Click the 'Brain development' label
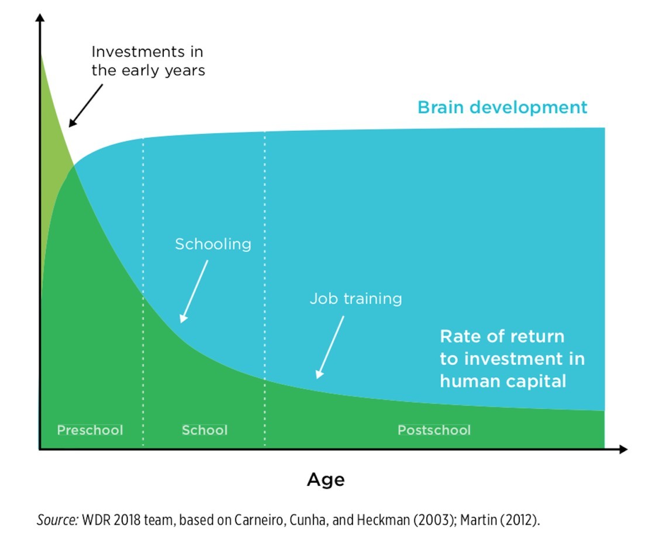[x=502, y=108]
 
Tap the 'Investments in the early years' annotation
[x=148, y=61]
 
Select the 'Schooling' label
[x=213, y=244]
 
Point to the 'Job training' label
[x=356, y=299]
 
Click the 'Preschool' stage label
[x=90, y=430]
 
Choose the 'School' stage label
[x=205, y=430]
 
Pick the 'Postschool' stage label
[x=434, y=430]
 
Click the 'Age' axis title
[x=326, y=480]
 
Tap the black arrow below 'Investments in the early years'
[x=85, y=106]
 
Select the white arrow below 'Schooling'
[x=194, y=292]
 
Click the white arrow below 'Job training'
[x=330, y=347]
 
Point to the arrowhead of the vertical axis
[x=40, y=18]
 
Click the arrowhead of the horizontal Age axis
[x=623, y=449]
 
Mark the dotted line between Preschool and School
[x=143, y=292]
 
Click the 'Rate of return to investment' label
[x=512, y=359]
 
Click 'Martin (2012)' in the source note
[x=499, y=520]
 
